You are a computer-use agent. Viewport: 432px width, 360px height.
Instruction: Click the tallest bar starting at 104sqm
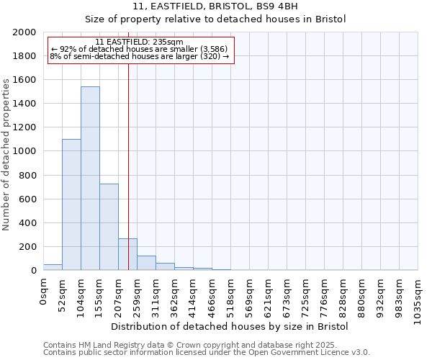90,179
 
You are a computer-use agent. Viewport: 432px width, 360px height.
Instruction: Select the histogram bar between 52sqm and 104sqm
71,204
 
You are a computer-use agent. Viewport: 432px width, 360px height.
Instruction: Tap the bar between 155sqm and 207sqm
109,227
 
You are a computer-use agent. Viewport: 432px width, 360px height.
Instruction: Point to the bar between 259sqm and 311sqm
146,263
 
